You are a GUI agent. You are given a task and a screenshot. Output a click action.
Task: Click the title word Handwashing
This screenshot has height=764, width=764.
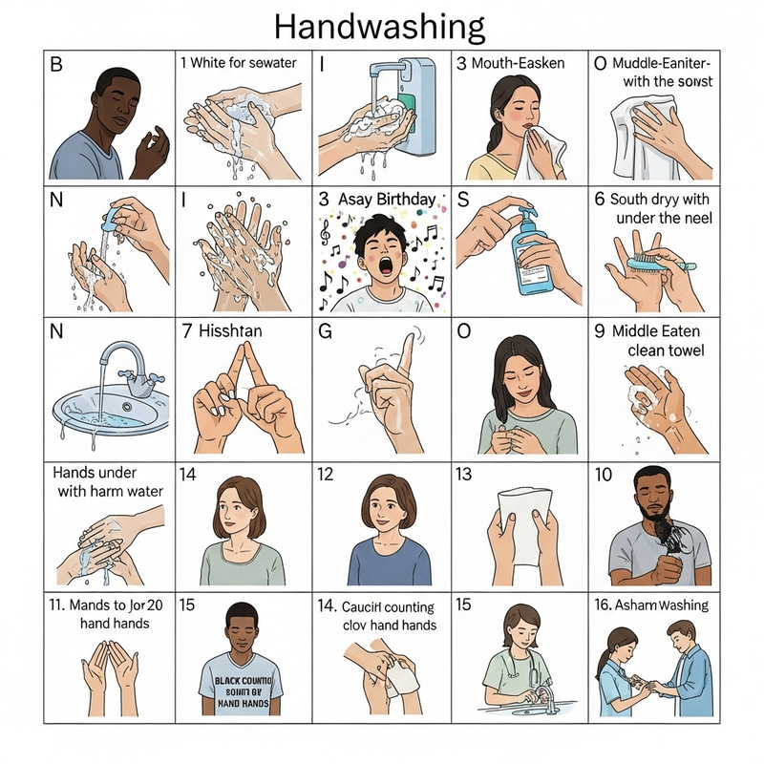point(379,24)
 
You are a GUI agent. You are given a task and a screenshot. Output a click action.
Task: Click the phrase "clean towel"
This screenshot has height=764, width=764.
point(666,351)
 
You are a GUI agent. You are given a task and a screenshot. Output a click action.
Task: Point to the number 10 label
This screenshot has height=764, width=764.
point(603,474)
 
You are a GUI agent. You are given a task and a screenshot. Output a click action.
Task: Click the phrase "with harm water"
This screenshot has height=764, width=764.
point(108,493)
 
